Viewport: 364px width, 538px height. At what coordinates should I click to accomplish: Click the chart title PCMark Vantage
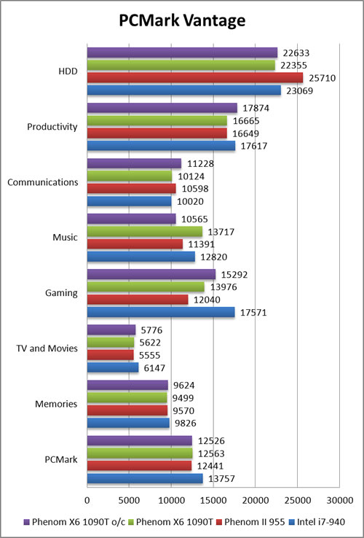[182, 21]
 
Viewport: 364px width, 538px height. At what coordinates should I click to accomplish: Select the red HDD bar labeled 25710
[195, 77]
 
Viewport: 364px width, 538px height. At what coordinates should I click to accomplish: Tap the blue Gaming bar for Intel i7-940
[161, 312]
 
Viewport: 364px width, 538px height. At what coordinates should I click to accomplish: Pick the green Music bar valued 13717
[145, 232]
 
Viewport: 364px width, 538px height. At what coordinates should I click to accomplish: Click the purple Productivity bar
[162, 108]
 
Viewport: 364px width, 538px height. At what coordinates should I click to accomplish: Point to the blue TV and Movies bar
[113, 368]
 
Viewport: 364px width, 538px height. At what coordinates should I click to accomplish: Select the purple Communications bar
[134, 164]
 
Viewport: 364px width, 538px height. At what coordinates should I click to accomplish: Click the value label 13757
[222, 479]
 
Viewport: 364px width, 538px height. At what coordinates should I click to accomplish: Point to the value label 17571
[253, 313]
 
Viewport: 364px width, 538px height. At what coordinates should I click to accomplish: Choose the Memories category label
[56, 404]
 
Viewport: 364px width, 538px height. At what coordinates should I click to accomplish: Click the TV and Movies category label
[47, 348]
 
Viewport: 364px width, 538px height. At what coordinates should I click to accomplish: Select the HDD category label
[68, 71]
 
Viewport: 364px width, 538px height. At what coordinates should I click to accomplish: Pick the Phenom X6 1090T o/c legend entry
[76, 523]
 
